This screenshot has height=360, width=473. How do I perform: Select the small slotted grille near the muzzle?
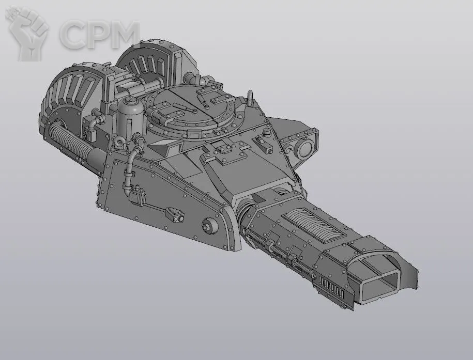331,286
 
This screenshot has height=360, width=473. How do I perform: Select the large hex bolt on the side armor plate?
209,225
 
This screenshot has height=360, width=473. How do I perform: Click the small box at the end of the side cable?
175,214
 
